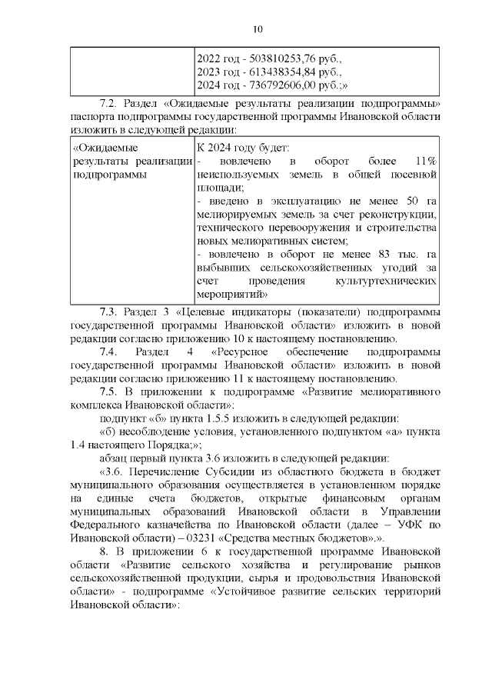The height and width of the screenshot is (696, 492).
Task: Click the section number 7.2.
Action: (111, 104)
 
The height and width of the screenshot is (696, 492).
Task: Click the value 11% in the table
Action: (425, 161)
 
